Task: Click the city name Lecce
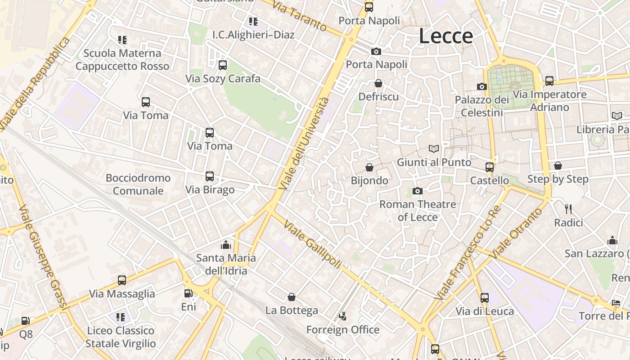pos(446,36)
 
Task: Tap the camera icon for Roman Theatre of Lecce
pos(417,191)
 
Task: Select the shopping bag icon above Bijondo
pos(369,167)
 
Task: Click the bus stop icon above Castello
pos(490,167)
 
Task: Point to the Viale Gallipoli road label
pos(313,245)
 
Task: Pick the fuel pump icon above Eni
pos(189,293)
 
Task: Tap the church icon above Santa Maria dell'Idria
pos(226,245)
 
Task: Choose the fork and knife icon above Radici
pos(568,209)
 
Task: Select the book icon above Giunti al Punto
pos(434,148)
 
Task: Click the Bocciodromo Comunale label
pos(138,184)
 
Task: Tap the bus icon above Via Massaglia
pos(122,280)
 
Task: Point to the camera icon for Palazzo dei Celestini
pos(482,86)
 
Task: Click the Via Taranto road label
pos(300,16)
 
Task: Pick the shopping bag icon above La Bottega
pos(292,297)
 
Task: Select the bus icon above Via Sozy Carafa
pos(222,65)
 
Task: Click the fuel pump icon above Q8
pos(26,321)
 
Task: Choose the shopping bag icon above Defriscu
pos(378,83)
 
